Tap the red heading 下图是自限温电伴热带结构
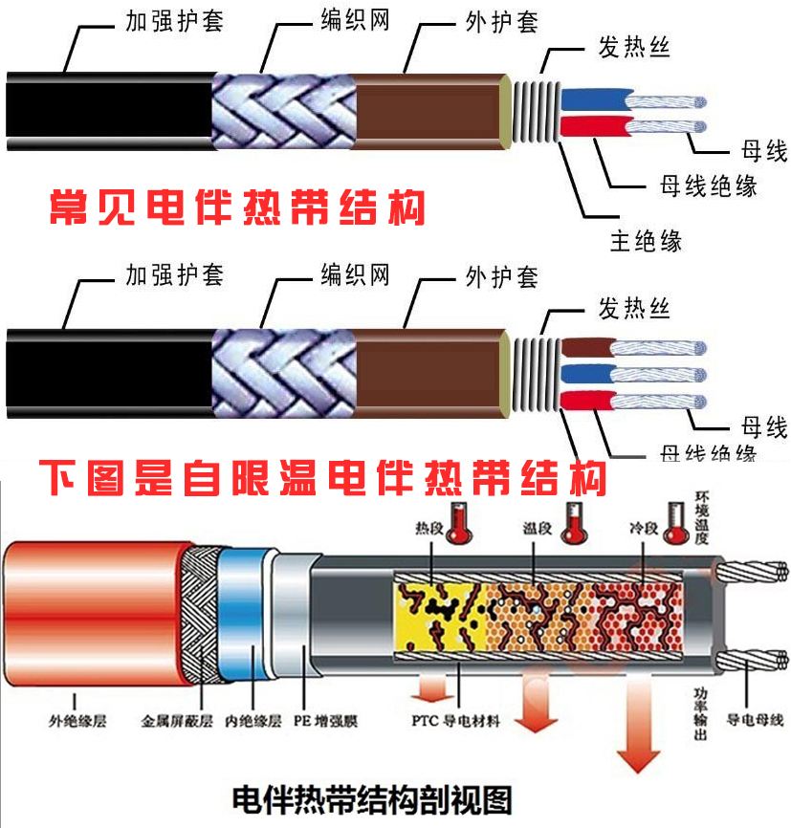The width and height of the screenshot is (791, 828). [322, 476]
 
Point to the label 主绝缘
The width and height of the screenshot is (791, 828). [646, 239]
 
